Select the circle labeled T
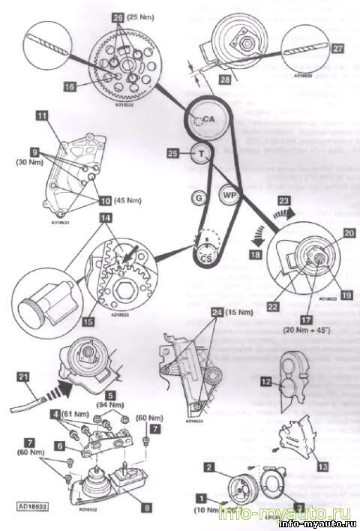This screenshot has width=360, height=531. pyautogui.click(x=201, y=154)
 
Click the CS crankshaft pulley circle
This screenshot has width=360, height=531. pyautogui.click(x=204, y=257)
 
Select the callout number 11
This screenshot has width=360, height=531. pyautogui.click(x=42, y=115)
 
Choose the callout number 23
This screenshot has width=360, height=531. pyautogui.click(x=284, y=200)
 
